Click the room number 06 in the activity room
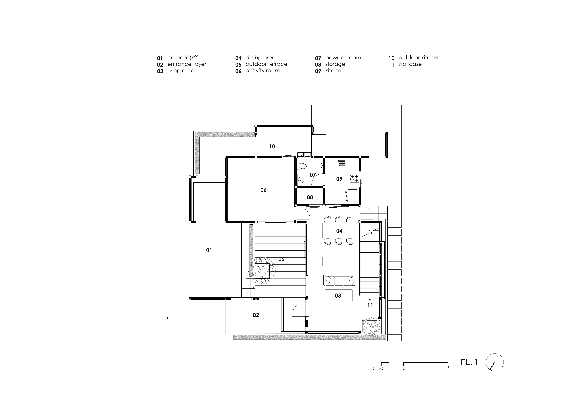263,190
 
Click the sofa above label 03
339,280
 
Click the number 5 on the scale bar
448,368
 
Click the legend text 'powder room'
343,58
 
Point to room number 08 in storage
310,197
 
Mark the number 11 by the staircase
370,305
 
